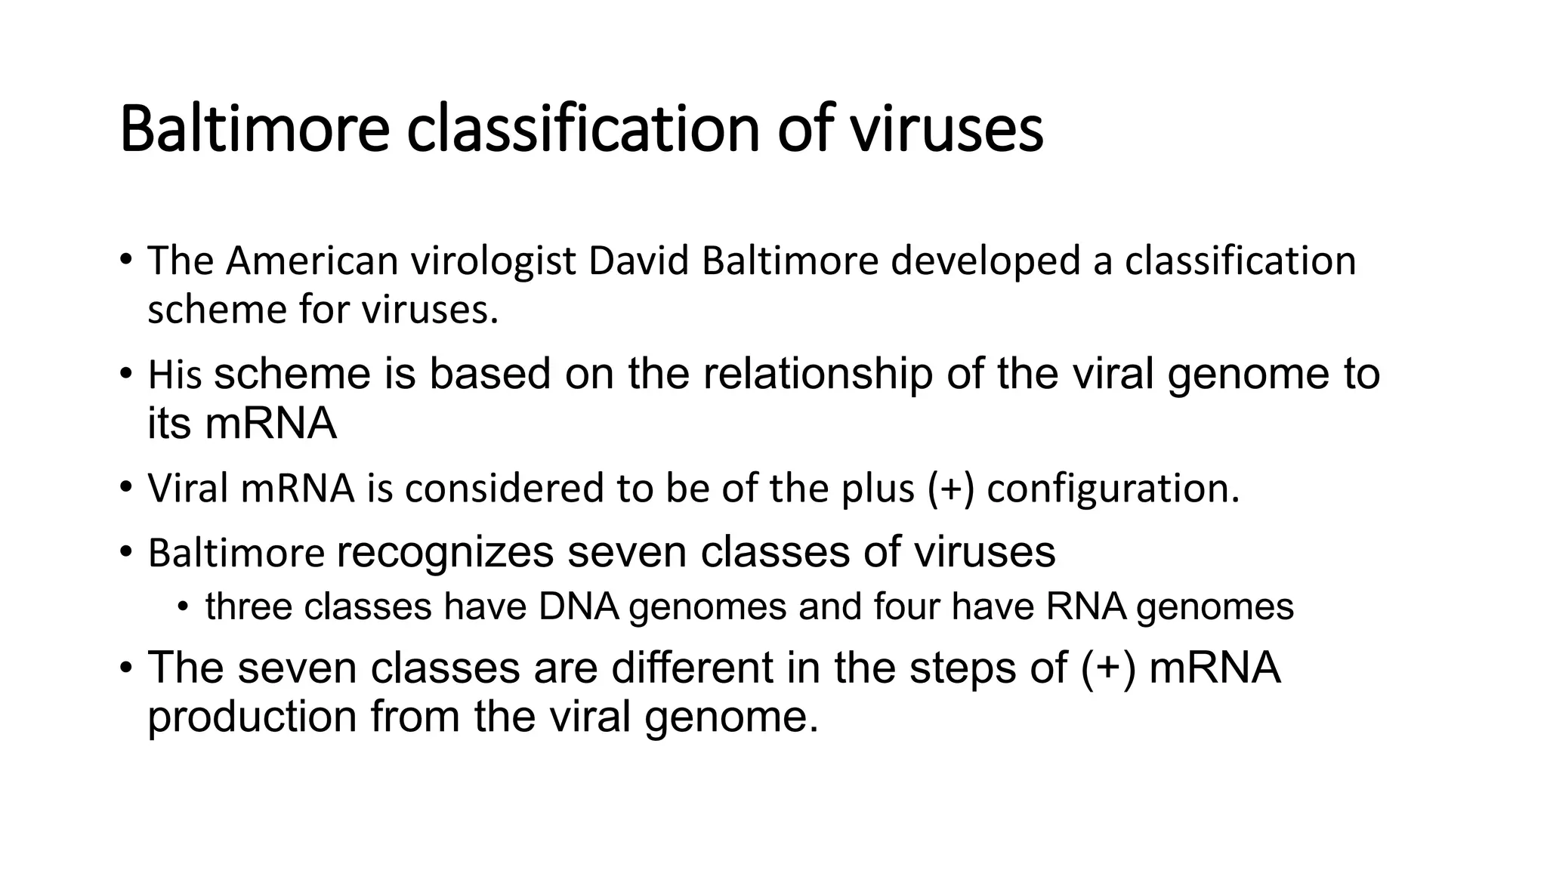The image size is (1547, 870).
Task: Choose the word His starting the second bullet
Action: [x=174, y=375]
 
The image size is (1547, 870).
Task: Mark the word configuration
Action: [x=1113, y=489]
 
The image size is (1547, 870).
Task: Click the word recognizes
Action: [x=445, y=552]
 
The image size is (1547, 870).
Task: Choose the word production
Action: [x=252, y=716]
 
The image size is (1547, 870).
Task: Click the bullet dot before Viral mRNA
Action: [x=125, y=487]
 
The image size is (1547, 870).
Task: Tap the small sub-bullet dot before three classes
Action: [x=182, y=606]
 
